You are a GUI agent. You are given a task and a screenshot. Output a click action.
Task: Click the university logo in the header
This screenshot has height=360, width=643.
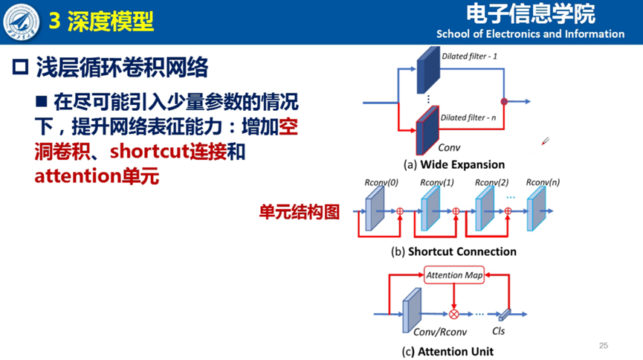point(22,22)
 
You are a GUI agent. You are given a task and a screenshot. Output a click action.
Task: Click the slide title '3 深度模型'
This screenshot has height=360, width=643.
point(101,22)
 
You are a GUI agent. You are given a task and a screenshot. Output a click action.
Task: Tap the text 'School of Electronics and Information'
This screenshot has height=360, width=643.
point(530,33)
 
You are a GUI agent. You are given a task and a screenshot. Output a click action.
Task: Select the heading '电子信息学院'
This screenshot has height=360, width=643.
point(531,13)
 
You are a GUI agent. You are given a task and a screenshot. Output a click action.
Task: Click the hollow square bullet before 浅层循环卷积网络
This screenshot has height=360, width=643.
point(20,68)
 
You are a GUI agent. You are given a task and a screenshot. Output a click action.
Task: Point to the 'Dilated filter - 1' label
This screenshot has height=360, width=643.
point(469,56)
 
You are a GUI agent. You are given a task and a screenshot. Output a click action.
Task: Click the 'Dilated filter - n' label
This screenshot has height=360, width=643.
point(469,118)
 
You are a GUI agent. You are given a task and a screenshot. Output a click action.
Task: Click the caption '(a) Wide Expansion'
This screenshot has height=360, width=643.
point(453,164)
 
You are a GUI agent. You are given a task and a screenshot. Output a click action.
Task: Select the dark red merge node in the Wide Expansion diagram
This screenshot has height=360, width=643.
point(504,101)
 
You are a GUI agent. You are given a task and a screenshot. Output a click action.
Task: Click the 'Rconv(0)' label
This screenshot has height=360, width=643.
point(381,183)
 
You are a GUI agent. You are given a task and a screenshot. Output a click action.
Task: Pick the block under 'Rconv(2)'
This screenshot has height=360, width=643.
point(485,209)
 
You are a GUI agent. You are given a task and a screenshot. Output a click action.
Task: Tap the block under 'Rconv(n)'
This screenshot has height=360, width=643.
point(536,209)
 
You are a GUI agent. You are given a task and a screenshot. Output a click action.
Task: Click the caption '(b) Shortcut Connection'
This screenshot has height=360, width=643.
point(453,251)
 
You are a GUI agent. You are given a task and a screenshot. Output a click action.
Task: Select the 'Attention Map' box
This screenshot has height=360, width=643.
point(454,275)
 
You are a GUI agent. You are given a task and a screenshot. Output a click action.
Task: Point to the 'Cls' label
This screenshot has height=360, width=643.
point(499,331)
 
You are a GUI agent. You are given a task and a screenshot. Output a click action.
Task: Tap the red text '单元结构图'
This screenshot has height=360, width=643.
point(299,212)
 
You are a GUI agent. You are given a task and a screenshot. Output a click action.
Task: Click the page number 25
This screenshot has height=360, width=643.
point(604,345)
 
